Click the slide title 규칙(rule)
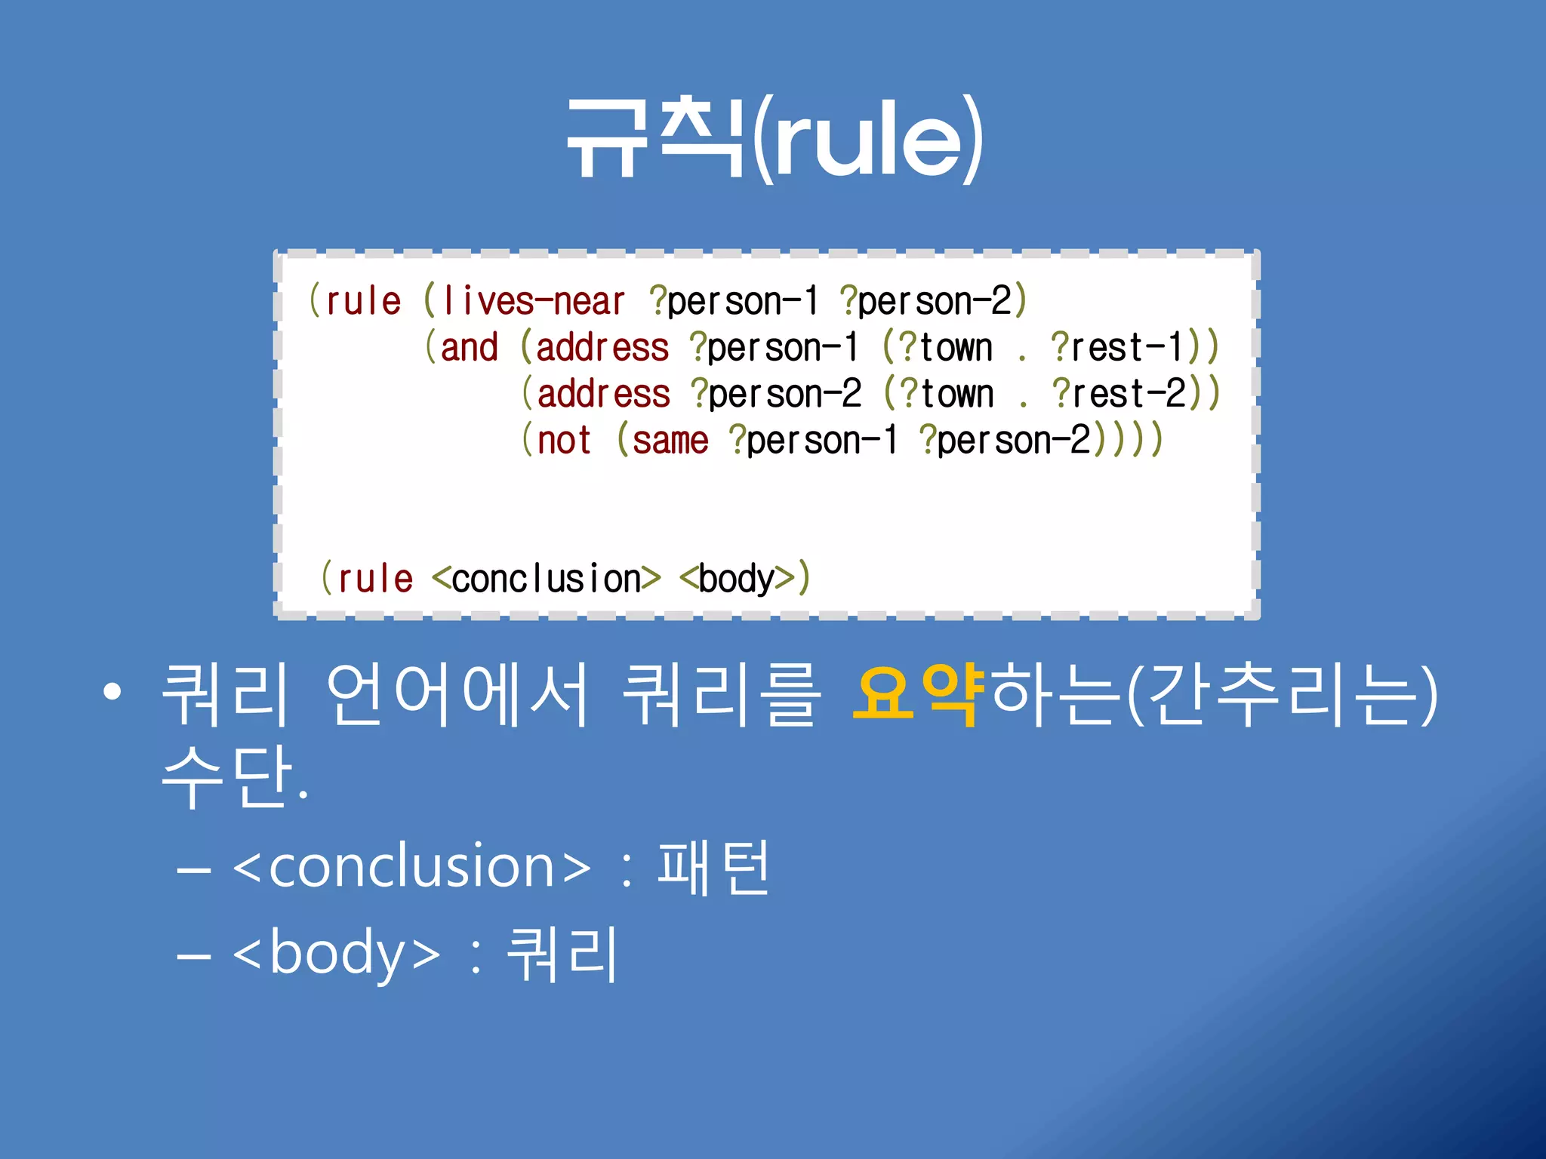[x=775, y=140]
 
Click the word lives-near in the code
[x=534, y=302]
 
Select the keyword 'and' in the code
[x=469, y=348]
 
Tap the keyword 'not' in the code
[x=564, y=441]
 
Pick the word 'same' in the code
[x=670, y=441]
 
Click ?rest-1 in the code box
[x=1117, y=348]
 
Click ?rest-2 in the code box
[x=1119, y=394]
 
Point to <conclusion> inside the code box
[x=547, y=579]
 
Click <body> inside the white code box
[x=737, y=579]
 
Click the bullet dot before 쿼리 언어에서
[x=112, y=693]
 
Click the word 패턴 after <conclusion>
[x=713, y=868]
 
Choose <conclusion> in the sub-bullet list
[x=412, y=868]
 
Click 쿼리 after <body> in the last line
[x=562, y=954]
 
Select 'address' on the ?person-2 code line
[x=603, y=394]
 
